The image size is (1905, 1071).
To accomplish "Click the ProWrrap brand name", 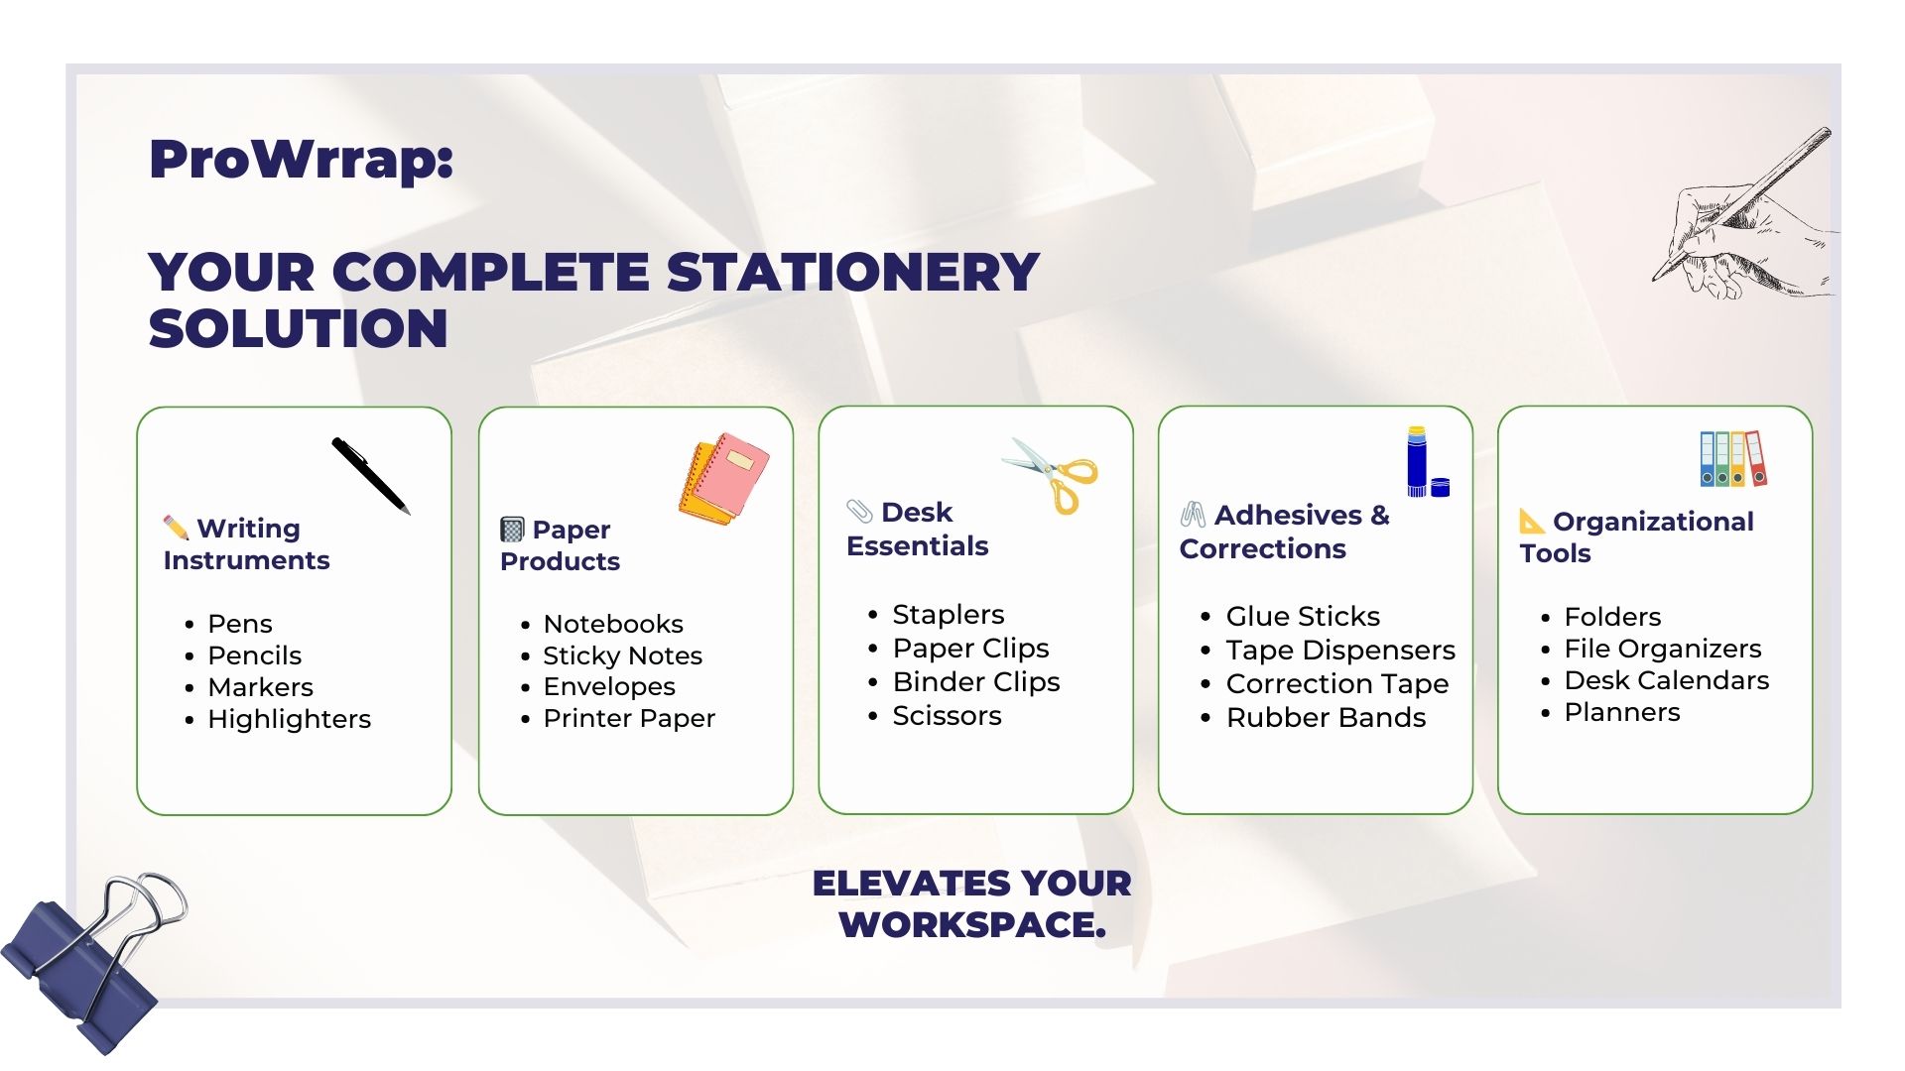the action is click(301, 159).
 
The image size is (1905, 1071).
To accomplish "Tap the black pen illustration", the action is click(370, 476).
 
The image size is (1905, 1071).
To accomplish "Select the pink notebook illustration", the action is click(724, 478).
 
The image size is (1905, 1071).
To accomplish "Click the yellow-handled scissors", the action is click(1052, 475).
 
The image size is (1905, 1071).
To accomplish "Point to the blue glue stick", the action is click(1417, 461).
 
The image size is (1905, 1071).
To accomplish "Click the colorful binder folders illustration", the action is click(1733, 458).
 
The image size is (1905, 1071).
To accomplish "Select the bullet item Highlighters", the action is click(289, 719).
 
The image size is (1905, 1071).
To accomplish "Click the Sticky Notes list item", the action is click(622, 655).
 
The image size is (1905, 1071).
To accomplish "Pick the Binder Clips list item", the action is click(976, 682).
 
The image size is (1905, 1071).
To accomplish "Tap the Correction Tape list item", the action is click(1337, 684).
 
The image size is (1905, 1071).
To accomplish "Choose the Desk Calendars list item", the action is click(1667, 680).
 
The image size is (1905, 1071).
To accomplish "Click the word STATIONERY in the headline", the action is click(852, 272).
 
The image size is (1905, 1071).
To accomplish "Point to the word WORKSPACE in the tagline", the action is click(972, 925).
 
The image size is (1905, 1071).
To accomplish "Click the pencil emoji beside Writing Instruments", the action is click(176, 526).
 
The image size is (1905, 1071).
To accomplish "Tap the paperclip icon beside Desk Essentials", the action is click(859, 511).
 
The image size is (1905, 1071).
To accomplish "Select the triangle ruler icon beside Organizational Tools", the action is click(1532, 521).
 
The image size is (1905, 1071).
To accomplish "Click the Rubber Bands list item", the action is click(1326, 718).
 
